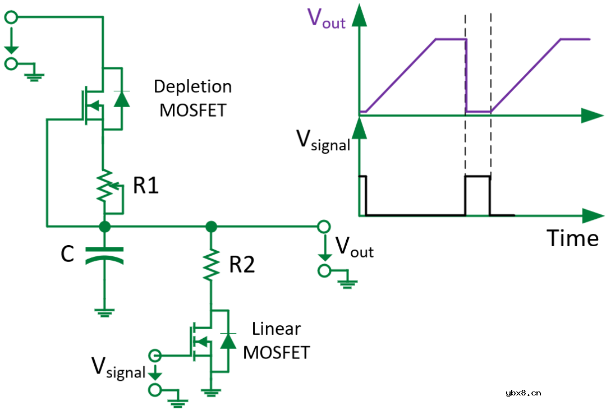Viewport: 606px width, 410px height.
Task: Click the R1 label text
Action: click(146, 186)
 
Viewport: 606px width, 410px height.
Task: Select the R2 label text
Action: click(242, 265)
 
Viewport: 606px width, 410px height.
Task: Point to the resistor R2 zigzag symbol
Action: click(211, 265)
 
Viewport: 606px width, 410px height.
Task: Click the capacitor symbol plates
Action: click(104, 255)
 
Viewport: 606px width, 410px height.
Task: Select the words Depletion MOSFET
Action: click(192, 98)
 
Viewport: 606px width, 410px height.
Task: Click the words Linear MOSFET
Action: click(276, 340)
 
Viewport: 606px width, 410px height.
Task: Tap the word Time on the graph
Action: click(573, 238)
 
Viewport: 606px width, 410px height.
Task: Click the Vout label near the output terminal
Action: click(354, 247)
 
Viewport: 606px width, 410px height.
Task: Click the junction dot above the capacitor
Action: click(104, 227)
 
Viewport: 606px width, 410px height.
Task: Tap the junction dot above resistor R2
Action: click(211, 227)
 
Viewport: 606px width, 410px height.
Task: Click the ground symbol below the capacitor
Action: click(104, 312)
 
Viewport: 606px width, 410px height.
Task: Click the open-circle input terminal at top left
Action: click(11, 17)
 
